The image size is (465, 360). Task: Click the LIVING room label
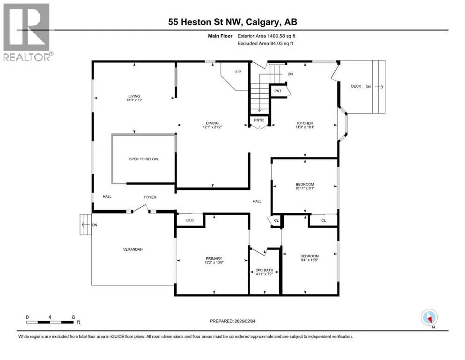coord(134,96)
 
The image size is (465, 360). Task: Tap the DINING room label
coord(212,123)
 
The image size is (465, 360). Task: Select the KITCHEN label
coord(305,123)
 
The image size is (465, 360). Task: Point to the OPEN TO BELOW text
coord(143,159)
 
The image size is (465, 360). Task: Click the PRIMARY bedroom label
coord(214,258)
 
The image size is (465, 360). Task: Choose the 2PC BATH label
coord(264,270)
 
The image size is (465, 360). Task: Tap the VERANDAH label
coord(133,249)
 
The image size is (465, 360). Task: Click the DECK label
coord(356,86)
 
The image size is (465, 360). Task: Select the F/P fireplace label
coord(238,72)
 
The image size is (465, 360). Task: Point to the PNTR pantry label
coord(259,120)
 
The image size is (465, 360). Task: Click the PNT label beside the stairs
coord(278,91)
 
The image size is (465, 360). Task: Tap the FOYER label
coord(150,197)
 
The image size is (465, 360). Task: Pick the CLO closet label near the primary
coord(190,220)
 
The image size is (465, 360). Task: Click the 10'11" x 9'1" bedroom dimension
coord(304,188)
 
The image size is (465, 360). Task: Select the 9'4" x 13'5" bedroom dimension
coord(310,260)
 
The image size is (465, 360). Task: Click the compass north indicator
coord(429,318)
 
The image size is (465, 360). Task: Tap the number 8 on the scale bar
coord(73,317)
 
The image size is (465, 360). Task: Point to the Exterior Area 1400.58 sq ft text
coord(266,36)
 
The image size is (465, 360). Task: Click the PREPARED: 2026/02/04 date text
coord(232,321)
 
